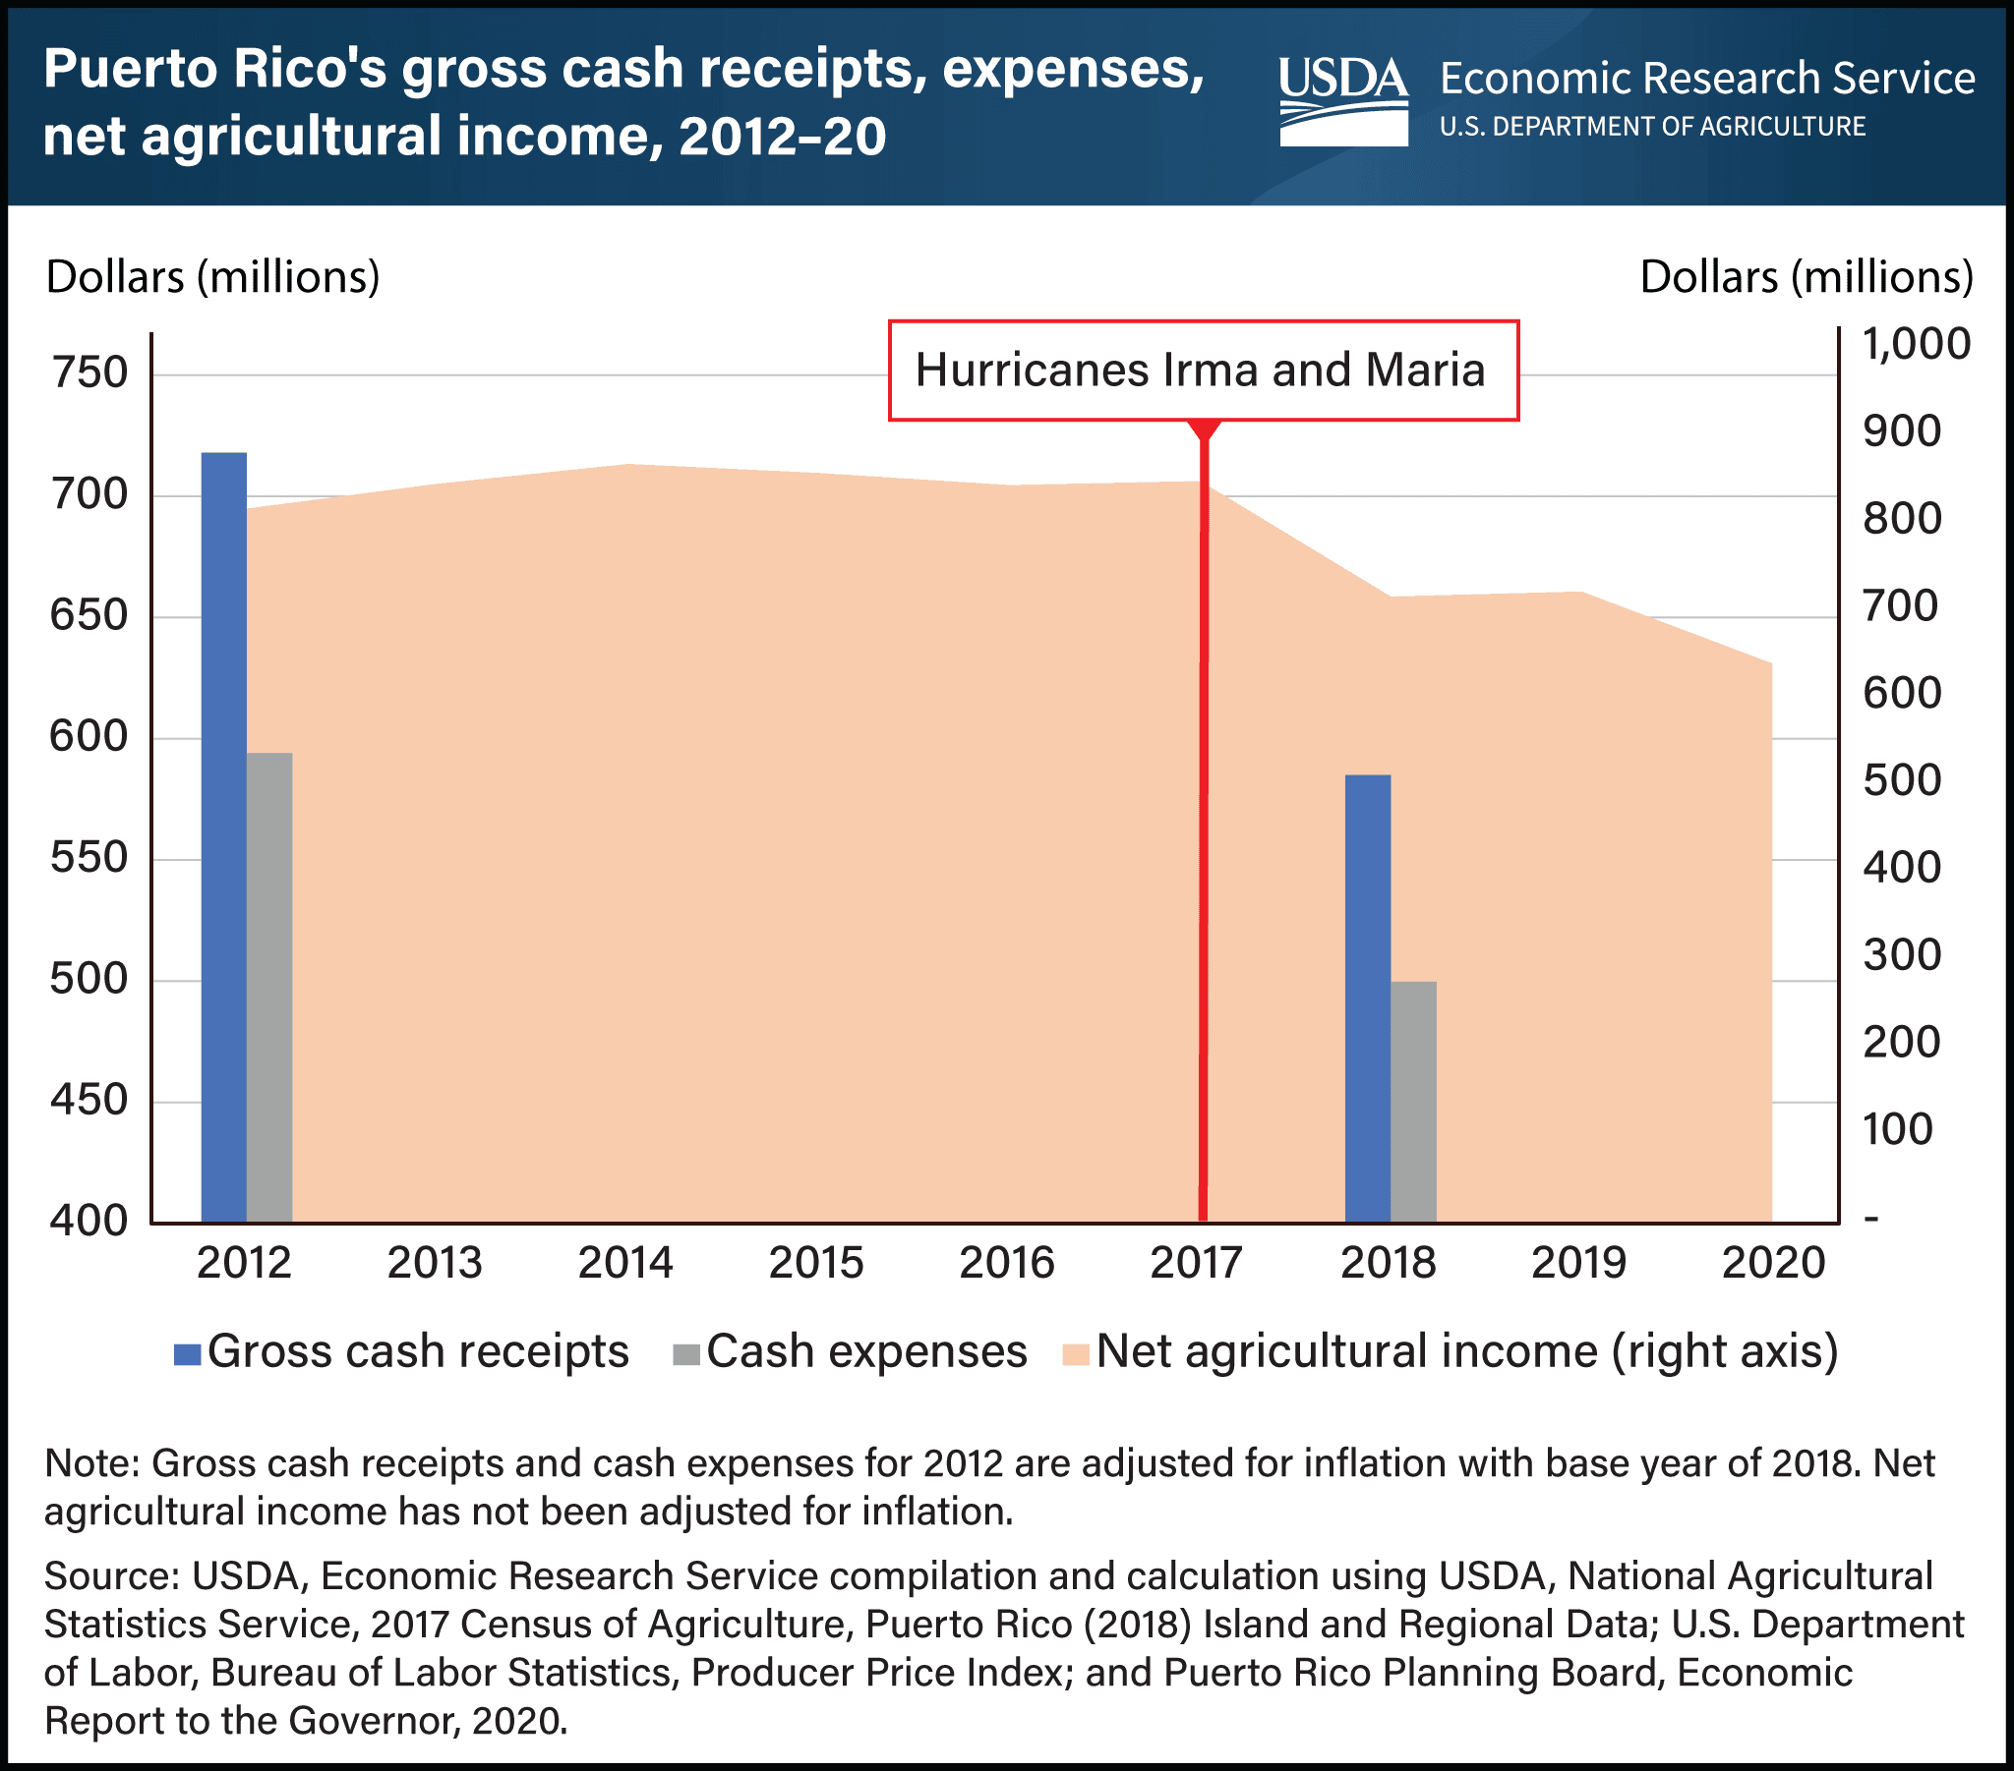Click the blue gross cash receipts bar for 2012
point(223,837)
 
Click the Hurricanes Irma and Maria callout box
point(1202,371)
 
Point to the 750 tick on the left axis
point(89,373)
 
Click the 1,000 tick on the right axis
point(1916,344)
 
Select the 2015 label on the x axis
point(816,1263)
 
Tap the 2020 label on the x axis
point(1773,1263)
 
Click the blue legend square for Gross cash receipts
point(187,1353)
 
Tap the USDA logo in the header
point(1343,101)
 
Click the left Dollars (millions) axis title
point(212,278)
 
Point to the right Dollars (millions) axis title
point(1807,278)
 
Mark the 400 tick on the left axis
point(89,1222)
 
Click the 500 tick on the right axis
point(1901,780)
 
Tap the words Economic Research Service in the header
point(1706,79)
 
